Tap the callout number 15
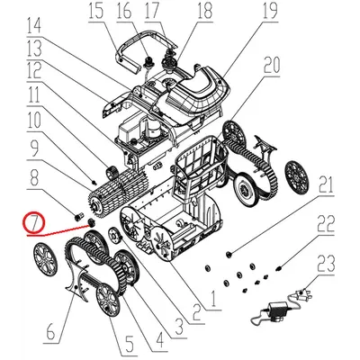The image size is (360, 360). point(96,11)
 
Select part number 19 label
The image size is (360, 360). point(245,12)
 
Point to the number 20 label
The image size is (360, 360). point(273,66)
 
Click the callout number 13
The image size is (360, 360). point(34,47)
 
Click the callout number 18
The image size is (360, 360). point(205,12)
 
